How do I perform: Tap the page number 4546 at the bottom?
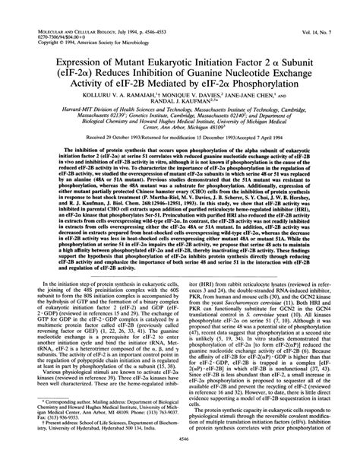coord(180,459)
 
